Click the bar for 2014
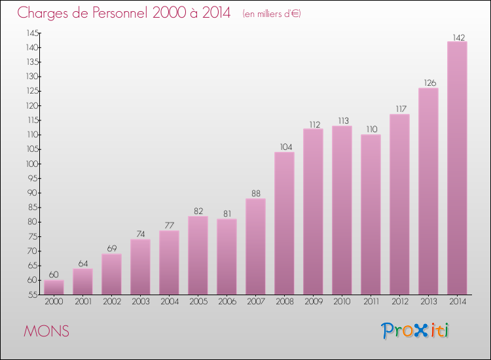tap(457, 168)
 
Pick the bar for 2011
tap(371, 214)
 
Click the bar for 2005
tap(198, 255)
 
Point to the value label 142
tap(457, 37)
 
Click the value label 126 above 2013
tap(428, 82)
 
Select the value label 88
tap(255, 193)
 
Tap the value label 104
tap(284, 147)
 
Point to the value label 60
tap(54, 275)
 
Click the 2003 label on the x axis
tap(140, 302)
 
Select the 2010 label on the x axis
tap(342, 302)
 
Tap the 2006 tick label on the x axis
tap(227, 302)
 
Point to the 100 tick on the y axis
tap(31, 164)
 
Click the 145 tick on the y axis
tap(31, 33)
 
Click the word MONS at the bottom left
tap(46, 331)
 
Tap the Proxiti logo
tap(416, 331)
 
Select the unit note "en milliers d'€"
tap(272, 14)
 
